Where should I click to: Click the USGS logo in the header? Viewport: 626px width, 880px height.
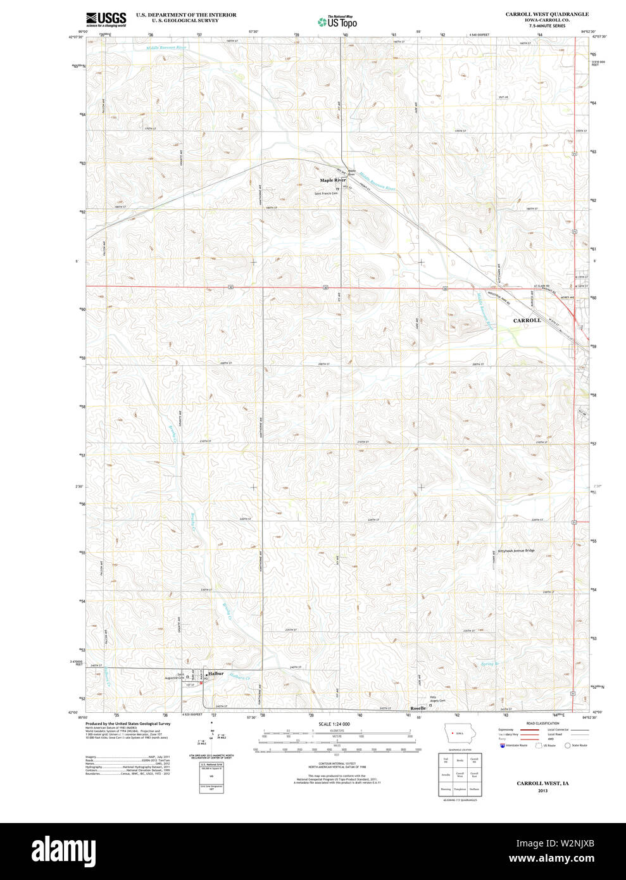(x=106, y=19)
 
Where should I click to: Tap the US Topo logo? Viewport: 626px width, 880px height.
(x=338, y=22)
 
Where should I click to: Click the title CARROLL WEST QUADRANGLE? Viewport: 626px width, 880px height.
(x=547, y=14)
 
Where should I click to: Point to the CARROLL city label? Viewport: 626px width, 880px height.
(x=527, y=321)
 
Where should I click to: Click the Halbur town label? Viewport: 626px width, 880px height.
(x=215, y=674)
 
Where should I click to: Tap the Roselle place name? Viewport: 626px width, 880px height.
(x=418, y=708)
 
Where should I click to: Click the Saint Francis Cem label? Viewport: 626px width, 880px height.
(x=326, y=193)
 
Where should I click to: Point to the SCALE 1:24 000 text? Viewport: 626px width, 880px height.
(x=335, y=724)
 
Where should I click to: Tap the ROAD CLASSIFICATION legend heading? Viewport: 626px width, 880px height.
(x=542, y=723)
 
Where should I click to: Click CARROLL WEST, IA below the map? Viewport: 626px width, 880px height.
(x=542, y=784)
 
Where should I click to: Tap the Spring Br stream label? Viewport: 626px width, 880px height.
(x=489, y=664)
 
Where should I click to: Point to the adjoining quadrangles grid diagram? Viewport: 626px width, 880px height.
(x=460, y=774)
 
